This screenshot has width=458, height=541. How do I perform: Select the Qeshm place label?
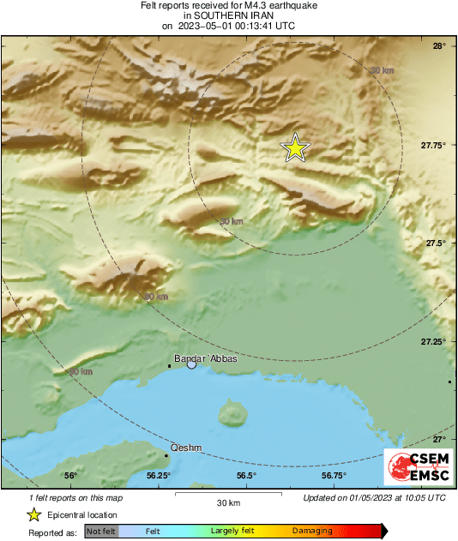point(186,448)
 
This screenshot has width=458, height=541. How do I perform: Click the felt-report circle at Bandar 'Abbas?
point(192,364)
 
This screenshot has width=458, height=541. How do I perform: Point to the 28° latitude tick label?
point(438,45)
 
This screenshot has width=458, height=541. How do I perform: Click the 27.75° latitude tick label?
point(434,145)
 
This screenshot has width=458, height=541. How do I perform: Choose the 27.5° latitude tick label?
point(436,243)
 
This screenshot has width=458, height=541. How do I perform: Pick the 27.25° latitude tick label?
point(434,342)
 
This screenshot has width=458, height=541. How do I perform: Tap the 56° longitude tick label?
point(70,475)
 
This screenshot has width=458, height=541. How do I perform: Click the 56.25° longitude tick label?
point(158,475)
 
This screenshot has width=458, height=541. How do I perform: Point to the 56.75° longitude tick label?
point(334,475)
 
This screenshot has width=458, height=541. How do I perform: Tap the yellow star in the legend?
point(33,514)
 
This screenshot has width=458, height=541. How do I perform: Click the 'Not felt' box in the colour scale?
point(101,532)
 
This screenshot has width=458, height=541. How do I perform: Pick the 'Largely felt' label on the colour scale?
point(231,532)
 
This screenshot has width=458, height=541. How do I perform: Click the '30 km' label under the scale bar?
point(228,502)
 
